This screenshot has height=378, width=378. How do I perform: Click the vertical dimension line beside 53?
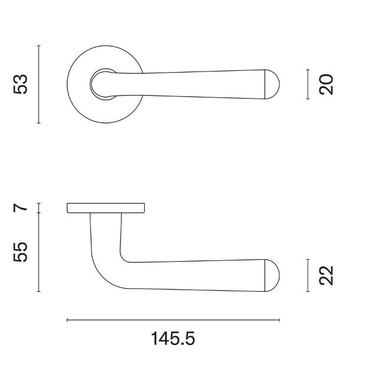point(38,84)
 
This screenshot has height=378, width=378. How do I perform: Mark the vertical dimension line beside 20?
point(308,84)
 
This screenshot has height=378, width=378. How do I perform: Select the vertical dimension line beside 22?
point(308,275)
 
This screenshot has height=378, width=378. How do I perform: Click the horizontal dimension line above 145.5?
point(173,320)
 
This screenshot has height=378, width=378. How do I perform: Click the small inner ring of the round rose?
point(96,83)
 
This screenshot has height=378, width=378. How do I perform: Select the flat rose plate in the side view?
point(106,207)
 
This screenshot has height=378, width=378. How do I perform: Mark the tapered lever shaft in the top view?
point(195,83)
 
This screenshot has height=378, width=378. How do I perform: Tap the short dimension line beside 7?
point(38,207)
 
